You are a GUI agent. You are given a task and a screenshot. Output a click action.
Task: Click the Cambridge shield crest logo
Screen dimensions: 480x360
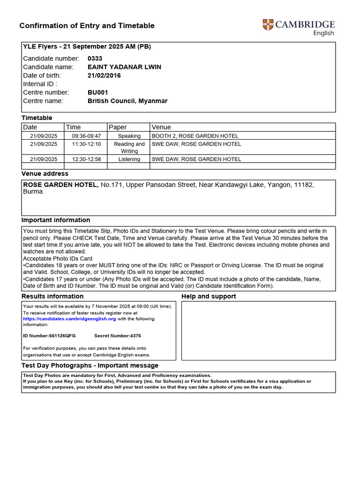tap(268, 25)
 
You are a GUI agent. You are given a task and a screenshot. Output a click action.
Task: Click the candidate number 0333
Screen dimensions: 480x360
tap(95, 59)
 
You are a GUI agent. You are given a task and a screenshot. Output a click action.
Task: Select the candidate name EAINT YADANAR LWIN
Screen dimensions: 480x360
tap(124, 67)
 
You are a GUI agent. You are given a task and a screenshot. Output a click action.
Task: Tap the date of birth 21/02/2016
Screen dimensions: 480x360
tap(104, 75)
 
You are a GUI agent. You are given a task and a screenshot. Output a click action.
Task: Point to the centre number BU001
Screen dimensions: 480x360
tap(97, 92)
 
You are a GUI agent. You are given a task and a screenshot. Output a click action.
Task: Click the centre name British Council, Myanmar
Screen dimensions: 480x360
tap(127, 101)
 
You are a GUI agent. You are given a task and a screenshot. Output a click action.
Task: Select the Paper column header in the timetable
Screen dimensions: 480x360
tap(118, 127)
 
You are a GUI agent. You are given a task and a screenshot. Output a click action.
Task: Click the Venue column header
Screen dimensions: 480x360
tap(161, 127)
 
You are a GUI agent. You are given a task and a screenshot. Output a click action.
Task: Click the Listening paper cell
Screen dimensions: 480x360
tap(129, 159)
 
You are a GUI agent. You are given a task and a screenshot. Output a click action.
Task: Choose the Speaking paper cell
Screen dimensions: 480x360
tap(129, 136)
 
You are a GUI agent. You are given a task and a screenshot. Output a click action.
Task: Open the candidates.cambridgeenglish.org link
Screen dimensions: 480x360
tap(69, 319)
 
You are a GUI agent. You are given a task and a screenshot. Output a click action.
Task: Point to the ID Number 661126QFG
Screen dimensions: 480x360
tap(49, 336)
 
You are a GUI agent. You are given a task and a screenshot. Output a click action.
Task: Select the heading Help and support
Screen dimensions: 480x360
tap(209, 296)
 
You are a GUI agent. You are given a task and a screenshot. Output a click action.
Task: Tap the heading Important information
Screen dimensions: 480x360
tap(56, 220)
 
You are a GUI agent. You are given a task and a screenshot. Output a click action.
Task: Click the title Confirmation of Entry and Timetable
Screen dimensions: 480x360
tap(87, 26)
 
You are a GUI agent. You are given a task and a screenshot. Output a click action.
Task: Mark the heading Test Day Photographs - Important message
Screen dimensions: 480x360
tap(90, 365)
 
